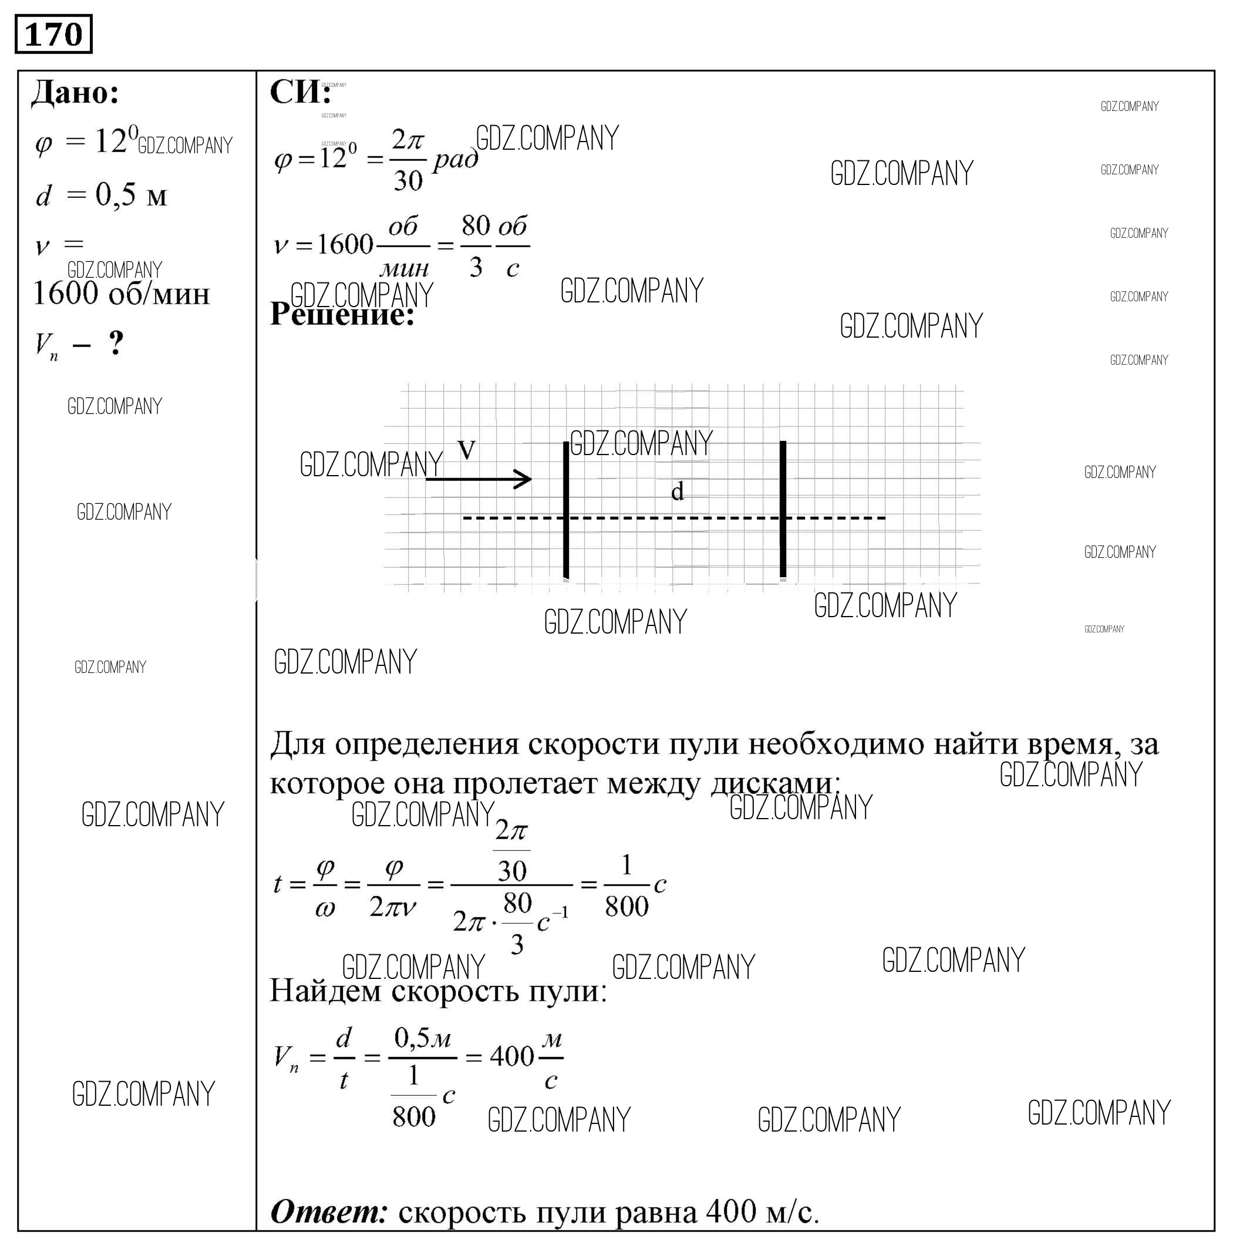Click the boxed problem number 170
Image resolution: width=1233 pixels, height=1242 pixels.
(x=53, y=34)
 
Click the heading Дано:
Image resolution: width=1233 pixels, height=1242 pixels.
(x=75, y=93)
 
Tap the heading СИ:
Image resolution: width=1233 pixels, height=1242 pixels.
(x=299, y=92)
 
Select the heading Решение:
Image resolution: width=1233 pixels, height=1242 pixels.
(x=342, y=314)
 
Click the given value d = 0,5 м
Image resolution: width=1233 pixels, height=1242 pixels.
(x=101, y=195)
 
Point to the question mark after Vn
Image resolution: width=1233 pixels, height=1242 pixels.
(x=116, y=344)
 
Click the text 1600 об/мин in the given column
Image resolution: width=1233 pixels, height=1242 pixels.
(x=122, y=294)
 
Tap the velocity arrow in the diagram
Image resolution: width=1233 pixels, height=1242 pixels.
(x=479, y=478)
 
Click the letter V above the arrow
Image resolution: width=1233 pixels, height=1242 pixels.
(x=467, y=449)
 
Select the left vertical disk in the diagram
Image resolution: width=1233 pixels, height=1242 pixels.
(x=566, y=509)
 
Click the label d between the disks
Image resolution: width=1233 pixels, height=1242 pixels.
(x=677, y=492)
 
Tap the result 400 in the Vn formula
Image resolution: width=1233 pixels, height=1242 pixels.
(x=512, y=1056)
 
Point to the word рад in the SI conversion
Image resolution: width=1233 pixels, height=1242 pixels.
(x=455, y=159)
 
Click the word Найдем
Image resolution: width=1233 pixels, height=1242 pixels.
(x=325, y=991)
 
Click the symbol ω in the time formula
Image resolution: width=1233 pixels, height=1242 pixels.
(x=325, y=908)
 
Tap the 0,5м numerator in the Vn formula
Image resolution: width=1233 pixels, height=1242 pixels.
(x=422, y=1038)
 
